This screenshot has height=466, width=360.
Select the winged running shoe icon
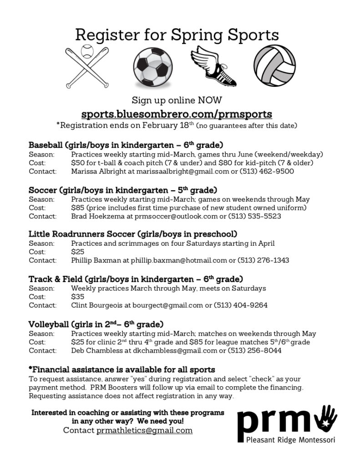[x=211, y=66]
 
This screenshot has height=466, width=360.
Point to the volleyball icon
[x=274, y=66]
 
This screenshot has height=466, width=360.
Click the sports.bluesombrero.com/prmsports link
[x=177, y=113]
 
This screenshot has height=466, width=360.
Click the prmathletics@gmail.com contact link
[x=144, y=430]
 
